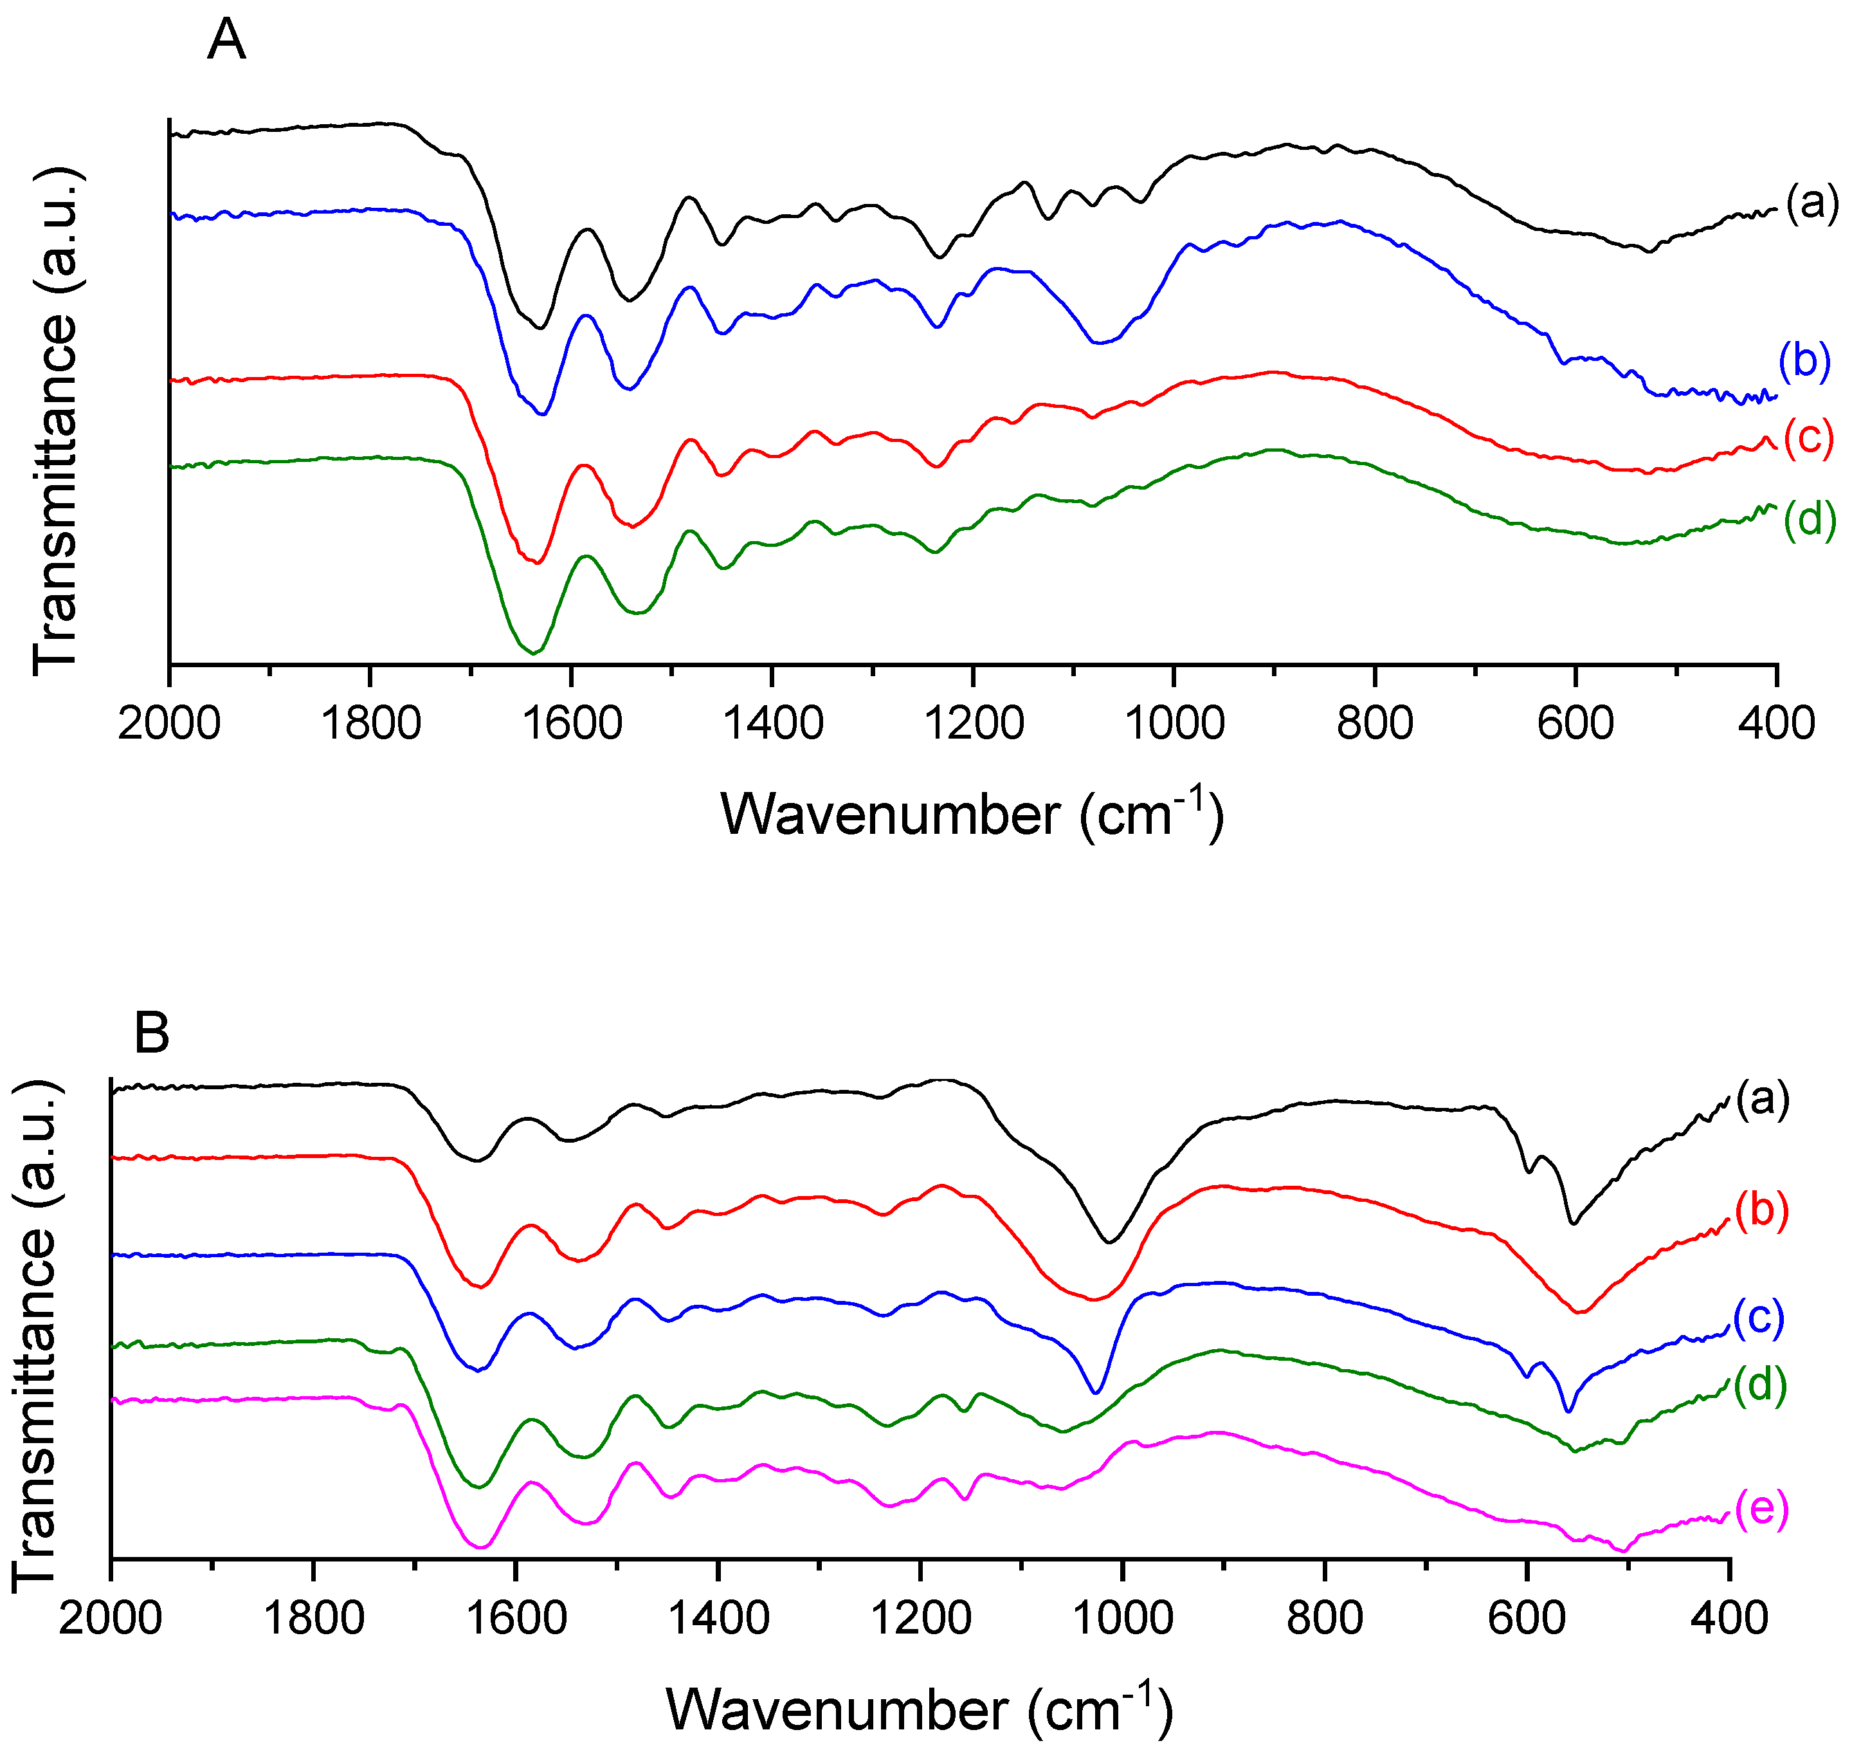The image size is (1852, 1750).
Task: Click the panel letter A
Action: (226, 41)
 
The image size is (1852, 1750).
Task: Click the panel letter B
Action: (152, 1033)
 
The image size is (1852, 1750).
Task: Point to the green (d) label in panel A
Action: (1809, 518)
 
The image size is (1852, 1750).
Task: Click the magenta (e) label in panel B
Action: (1761, 1507)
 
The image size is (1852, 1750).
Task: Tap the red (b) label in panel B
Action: (1761, 1210)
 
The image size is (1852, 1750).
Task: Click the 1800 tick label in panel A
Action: (370, 724)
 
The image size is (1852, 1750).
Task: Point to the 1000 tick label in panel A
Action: (1174, 724)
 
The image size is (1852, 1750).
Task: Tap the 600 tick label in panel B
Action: (1527, 1617)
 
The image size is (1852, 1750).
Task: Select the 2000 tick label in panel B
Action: (110, 1617)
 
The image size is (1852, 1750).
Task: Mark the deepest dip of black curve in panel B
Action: (1109, 1242)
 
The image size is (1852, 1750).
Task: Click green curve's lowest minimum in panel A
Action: (532, 653)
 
